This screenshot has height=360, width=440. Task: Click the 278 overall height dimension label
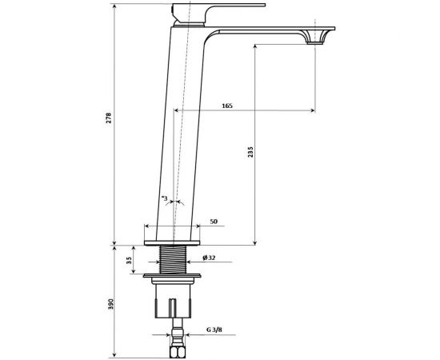pos(109,118)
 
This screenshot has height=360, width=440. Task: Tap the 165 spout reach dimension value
pos(227,106)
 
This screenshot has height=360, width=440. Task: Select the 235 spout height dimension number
pos(250,151)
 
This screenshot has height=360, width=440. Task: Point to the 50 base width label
pos(214,222)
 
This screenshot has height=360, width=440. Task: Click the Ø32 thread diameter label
pos(209,258)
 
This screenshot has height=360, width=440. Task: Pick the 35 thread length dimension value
pos(129,260)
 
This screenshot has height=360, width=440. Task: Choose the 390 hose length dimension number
pos(111,304)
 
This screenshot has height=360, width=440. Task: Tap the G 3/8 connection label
pos(214,330)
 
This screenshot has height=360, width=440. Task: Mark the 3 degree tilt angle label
pos(165,198)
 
